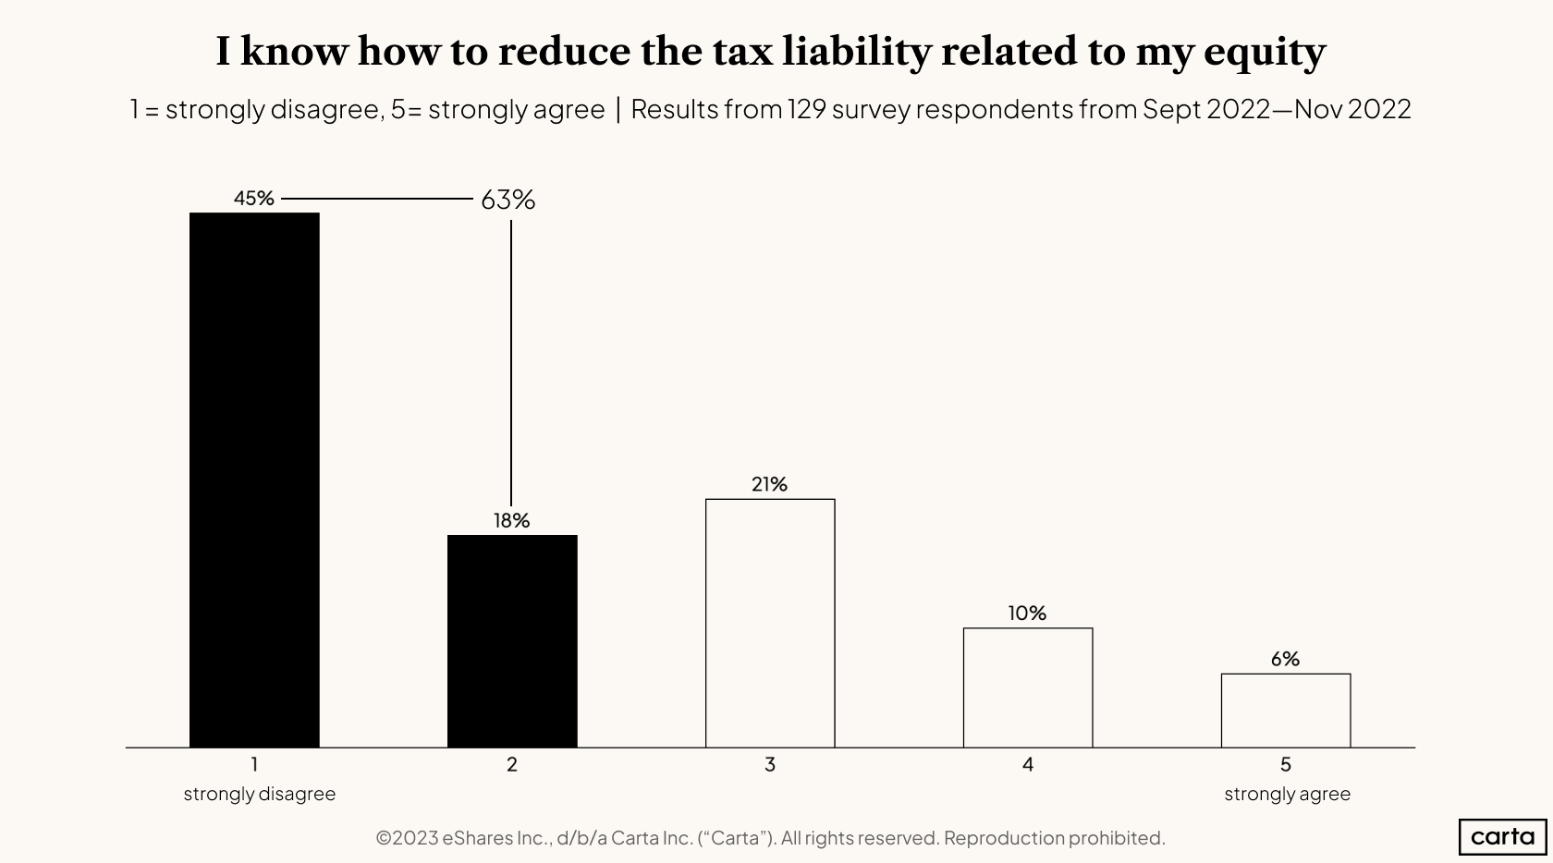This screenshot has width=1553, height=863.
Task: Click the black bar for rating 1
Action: [x=254, y=480]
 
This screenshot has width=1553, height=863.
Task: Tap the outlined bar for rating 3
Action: [x=770, y=623]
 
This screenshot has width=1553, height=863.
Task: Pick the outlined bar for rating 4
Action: [x=1028, y=687]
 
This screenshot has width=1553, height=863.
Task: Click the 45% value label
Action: [x=254, y=199]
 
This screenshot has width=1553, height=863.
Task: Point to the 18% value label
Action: [x=511, y=521]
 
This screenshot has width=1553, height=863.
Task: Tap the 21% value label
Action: [x=769, y=484]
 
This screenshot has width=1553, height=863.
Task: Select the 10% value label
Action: [x=1027, y=614]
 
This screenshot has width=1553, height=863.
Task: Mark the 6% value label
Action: [x=1285, y=659]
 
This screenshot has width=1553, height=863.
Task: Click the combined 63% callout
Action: [x=507, y=200]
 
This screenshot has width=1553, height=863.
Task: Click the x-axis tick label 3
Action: [x=770, y=765]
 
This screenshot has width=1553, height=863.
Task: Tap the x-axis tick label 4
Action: [x=1028, y=765]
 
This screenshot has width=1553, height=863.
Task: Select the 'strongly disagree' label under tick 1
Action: [x=259, y=794]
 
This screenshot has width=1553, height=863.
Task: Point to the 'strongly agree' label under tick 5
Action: [x=1287, y=794]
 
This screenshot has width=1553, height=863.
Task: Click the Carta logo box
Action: [x=1502, y=837]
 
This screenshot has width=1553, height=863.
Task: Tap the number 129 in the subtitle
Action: [x=806, y=109]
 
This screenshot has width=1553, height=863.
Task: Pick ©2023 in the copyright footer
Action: [x=407, y=838]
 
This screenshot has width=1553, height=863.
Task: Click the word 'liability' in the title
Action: [x=855, y=53]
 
